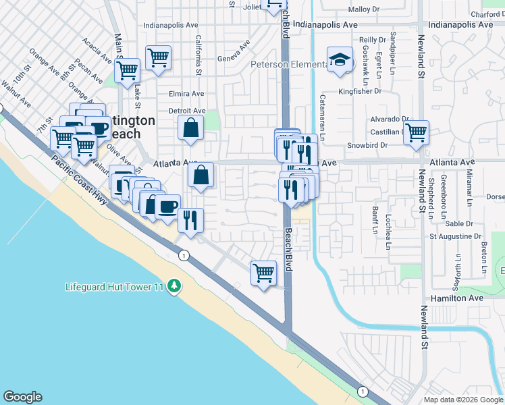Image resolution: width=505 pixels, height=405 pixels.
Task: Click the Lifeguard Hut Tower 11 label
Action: (115, 287)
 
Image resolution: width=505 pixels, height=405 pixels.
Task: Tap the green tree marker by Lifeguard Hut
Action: (175, 287)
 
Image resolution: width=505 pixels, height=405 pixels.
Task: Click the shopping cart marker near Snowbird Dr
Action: (416, 132)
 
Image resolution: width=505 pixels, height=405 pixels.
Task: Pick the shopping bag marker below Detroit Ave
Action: (191, 127)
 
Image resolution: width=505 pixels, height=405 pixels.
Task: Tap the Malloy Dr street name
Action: (364, 9)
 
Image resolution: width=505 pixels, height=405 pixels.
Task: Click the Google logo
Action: (22, 397)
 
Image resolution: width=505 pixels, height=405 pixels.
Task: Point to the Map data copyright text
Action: (463, 400)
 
